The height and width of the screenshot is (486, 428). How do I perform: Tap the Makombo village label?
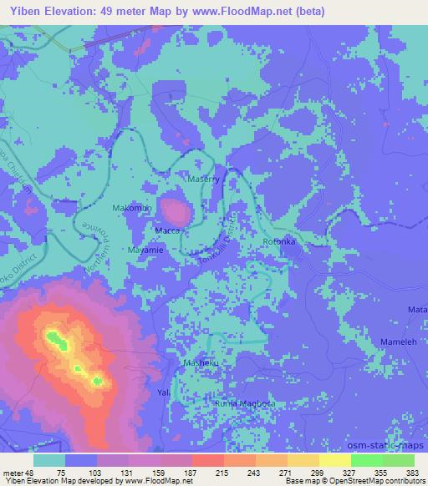click(x=131, y=207)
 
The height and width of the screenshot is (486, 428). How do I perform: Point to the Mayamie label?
click(x=147, y=249)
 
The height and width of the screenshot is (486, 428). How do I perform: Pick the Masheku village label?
click(x=201, y=363)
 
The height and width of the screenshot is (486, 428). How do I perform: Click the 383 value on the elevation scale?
click(x=413, y=471)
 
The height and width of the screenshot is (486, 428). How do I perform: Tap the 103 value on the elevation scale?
click(x=98, y=471)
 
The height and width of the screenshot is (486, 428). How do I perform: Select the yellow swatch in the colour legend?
click(x=334, y=459)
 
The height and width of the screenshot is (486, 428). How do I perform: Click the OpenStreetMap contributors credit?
click(x=376, y=480)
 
